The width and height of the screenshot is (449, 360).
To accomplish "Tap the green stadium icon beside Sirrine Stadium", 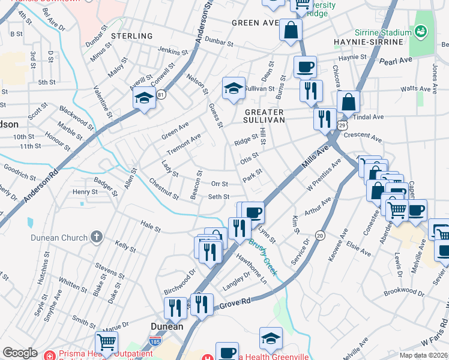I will tap(421, 30).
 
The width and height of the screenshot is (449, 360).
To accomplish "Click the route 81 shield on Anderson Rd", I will tap(160, 94).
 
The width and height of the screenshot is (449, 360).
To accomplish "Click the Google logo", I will tap(20, 353).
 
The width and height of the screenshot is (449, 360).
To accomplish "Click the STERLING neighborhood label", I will tap(132, 36).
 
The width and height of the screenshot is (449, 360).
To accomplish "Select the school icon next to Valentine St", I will tap(144, 98).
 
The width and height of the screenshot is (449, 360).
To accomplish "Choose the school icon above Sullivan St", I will tap(234, 89).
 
